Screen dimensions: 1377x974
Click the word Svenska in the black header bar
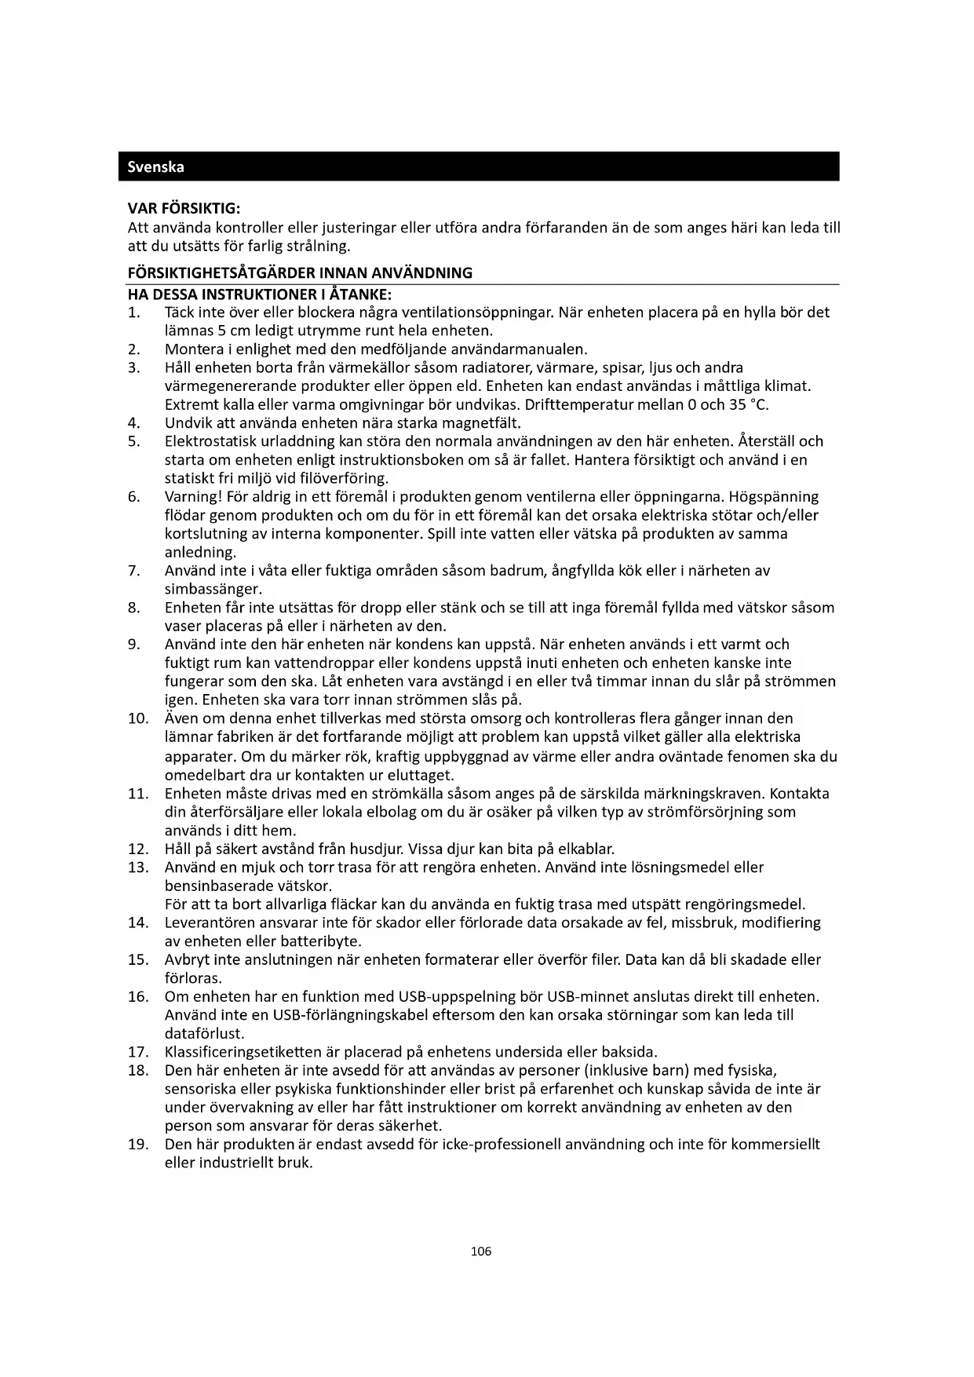coord(156,167)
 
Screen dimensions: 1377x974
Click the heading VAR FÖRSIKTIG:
coord(184,209)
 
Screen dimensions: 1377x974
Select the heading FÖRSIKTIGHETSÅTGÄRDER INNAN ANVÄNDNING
coord(300,273)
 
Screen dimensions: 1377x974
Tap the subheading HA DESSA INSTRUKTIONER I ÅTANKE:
coord(259,295)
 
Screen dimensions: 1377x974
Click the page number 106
coord(480,1251)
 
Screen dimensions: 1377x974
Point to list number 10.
coord(138,718)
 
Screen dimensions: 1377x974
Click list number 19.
coord(138,1144)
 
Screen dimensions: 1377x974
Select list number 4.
coord(133,423)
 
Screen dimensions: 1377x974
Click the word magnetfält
coord(483,423)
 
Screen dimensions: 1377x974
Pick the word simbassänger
coord(213,589)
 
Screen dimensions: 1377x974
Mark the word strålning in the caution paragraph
coord(319,246)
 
